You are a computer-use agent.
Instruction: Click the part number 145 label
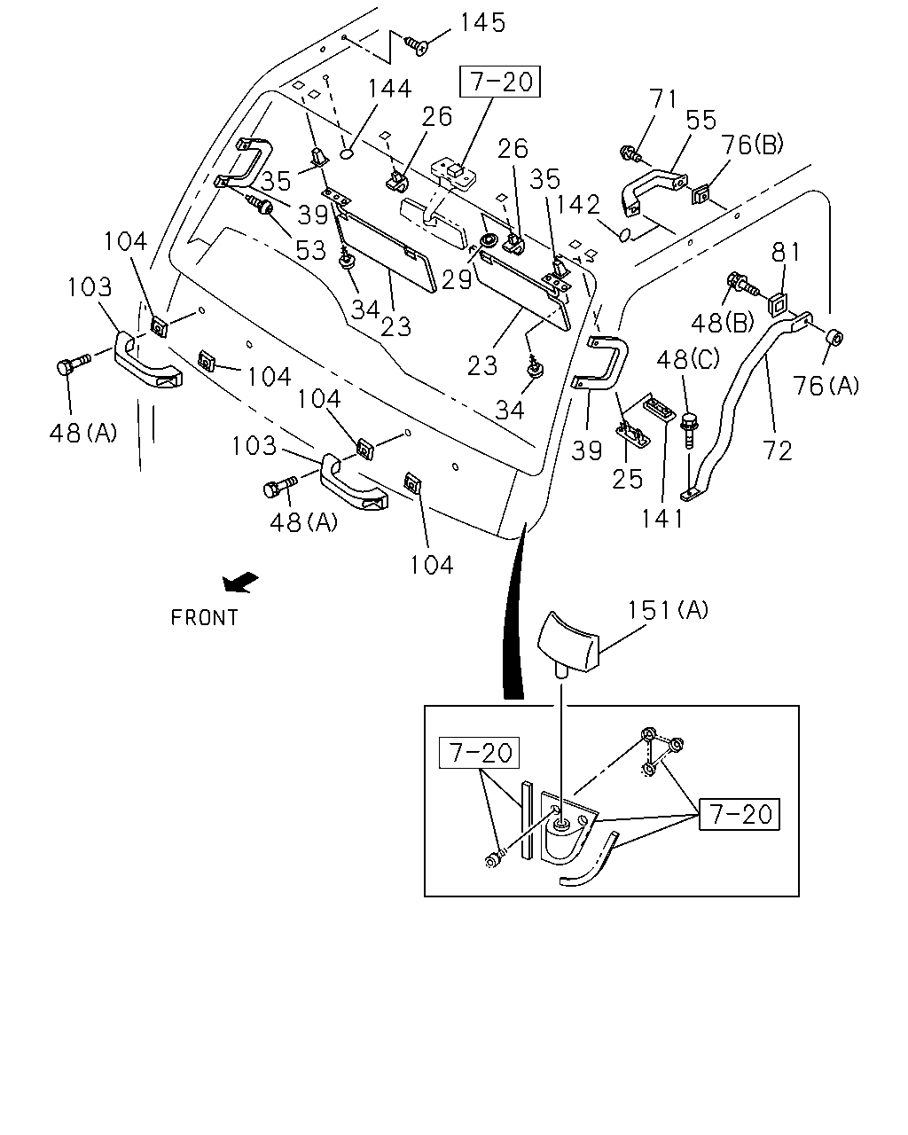point(482,23)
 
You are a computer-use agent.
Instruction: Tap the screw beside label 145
point(416,45)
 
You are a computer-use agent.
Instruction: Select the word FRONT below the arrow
point(204,618)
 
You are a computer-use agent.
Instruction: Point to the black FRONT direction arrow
point(240,583)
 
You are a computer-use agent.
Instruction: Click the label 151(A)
point(668,610)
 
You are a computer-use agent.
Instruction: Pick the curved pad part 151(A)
point(568,642)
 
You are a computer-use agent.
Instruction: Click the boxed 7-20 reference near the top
point(500,82)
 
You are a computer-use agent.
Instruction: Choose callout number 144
point(389,89)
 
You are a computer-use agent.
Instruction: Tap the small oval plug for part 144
point(347,154)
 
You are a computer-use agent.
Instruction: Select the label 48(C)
point(688,360)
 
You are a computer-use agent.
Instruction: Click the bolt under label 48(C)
point(689,430)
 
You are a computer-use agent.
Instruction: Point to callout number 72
point(777,451)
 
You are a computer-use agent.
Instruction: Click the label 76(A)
point(826,386)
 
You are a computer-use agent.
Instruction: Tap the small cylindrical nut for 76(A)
point(834,337)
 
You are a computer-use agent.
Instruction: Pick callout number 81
point(786,253)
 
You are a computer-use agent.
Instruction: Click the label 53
point(310,251)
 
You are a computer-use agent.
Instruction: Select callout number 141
point(662,519)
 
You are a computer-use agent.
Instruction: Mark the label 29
point(457,279)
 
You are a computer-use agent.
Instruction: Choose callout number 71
point(662,98)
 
